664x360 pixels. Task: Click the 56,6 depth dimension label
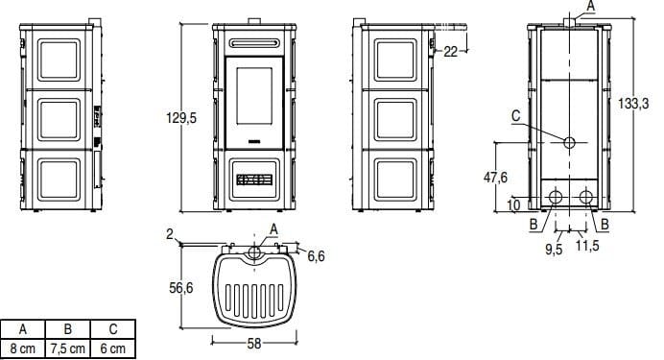(x=181, y=287)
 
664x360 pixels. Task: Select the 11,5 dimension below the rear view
(x=588, y=248)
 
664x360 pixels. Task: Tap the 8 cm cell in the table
(x=23, y=348)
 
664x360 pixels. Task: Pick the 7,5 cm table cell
(x=68, y=348)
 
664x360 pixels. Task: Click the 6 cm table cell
(x=114, y=348)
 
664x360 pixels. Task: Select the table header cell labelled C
(x=114, y=328)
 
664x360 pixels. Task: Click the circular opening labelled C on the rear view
(x=570, y=143)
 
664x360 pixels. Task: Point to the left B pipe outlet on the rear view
(x=555, y=198)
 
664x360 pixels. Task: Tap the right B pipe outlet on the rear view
(x=585, y=198)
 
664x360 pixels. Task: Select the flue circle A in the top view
(x=254, y=252)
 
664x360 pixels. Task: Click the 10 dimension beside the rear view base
(x=514, y=204)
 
